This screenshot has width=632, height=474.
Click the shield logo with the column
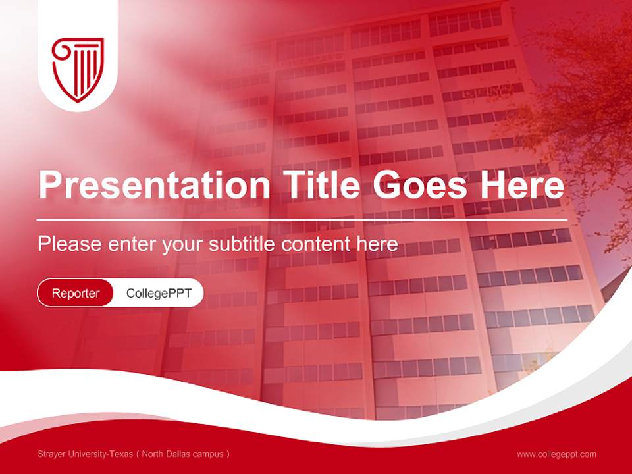click(x=78, y=69)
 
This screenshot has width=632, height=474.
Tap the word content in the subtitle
click(x=316, y=244)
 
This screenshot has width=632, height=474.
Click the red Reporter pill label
click(x=76, y=293)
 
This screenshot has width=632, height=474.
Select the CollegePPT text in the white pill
click(x=159, y=293)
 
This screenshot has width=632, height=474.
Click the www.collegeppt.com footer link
click(x=556, y=454)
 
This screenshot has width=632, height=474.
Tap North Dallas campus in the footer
click(x=184, y=454)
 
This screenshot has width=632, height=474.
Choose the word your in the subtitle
click(x=184, y=244)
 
